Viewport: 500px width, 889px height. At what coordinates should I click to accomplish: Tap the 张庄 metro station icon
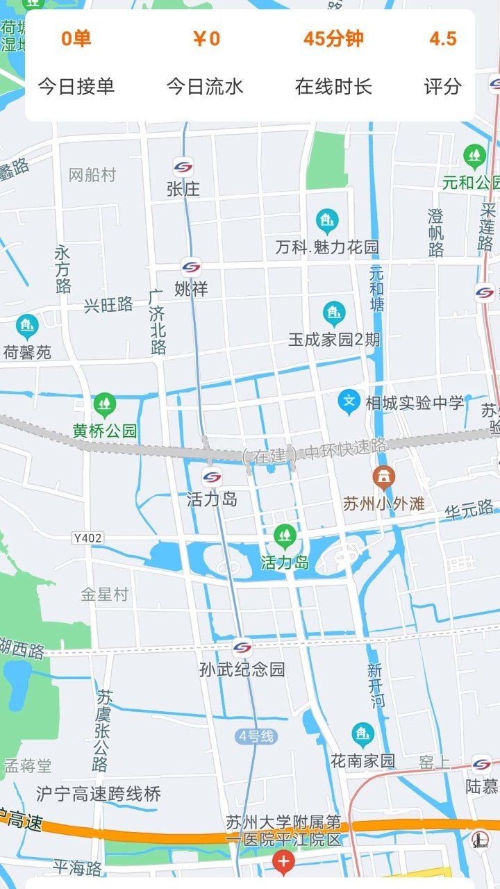pyautogui.click(x=183, y=167)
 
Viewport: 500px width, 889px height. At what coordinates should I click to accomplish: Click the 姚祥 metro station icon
pyautogui.click(x=191, y=267)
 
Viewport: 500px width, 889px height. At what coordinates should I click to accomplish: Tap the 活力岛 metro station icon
pyautogui.click(x=212, y=477)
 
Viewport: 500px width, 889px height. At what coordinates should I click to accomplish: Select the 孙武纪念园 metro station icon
pyautogui.click(x=242, y=647)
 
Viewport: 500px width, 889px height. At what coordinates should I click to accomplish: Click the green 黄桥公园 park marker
pyautogui.click(x=105, y=404)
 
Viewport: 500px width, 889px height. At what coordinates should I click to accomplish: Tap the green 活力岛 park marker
pyautogui.click(x=284, y=535)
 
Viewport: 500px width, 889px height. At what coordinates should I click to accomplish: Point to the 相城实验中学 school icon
pyautogui.click(x=349, y=401)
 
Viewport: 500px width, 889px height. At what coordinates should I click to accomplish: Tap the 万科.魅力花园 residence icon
pyautogui.click(x=326, y=222)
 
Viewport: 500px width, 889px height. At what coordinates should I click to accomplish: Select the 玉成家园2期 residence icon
pyautogui.click(x=334, y=314)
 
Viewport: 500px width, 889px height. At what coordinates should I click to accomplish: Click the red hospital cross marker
pyautogui.click(x=283, y=863)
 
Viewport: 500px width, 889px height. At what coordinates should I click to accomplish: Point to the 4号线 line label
pyautogui.click(x=256, y=736)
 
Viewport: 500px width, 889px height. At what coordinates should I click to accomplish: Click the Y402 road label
pyautogui.click(x=87, y=538)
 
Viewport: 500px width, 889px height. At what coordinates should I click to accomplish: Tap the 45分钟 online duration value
pyautogui.click(x=333, y=39)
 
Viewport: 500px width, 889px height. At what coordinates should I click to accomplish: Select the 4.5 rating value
pyautogui.click(x=442, y=39)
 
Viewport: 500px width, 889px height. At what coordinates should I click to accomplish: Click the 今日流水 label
pyautogui.click(x=205, y=87)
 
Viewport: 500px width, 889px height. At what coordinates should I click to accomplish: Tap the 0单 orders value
pyautogui.click(x=76, y=39)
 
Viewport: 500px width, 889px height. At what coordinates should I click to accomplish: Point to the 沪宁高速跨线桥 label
pyautogui.click(x=99, y=794)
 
